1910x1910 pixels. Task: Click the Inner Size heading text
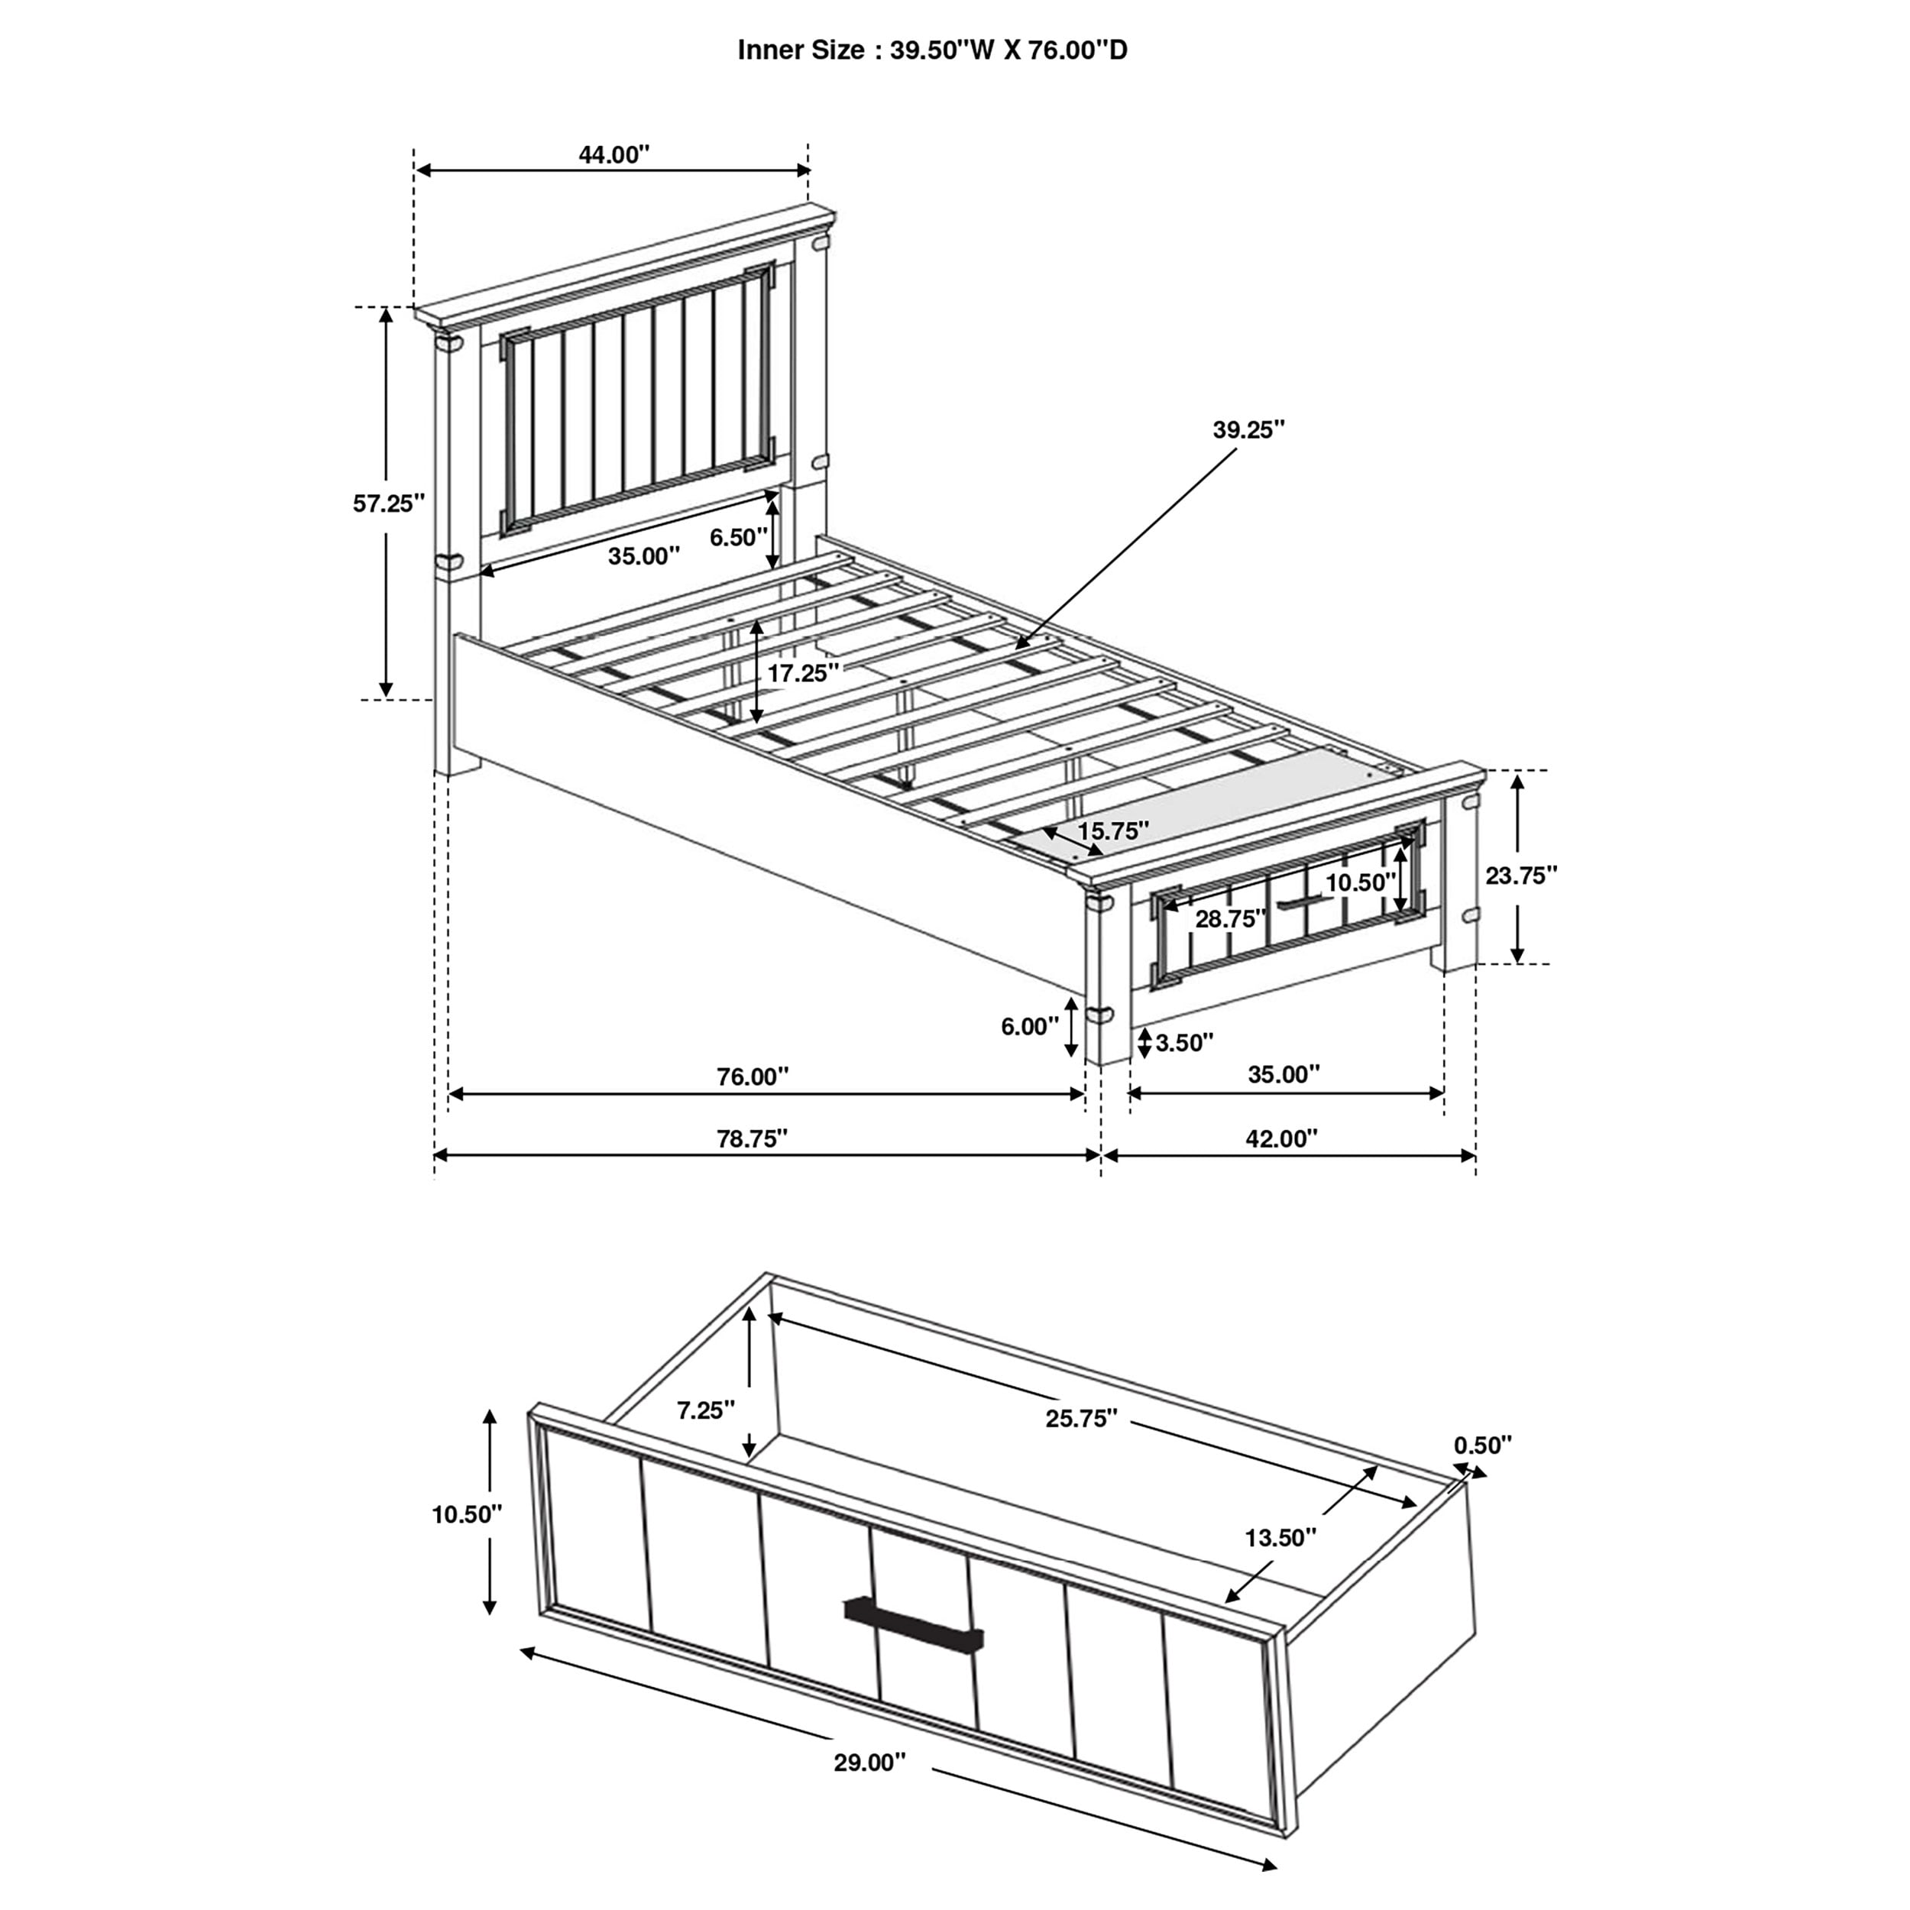tap(932, 50)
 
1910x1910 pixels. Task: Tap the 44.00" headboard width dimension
tap(614, 154)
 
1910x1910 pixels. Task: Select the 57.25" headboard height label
tap(389, 503)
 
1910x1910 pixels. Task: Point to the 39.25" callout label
tap(1248, 429)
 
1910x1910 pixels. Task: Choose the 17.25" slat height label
tap(804, 673)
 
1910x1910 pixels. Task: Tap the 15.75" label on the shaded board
tap(1113, 830)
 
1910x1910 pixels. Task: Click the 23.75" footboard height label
tap(1521, 875)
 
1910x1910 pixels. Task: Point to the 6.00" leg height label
tap(1029, 1026)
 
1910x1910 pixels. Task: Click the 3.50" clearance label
tap(1184, 1042)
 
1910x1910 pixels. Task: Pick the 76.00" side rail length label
tap(753, 1076)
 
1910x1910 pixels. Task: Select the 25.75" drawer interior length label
tap(1082, 1419)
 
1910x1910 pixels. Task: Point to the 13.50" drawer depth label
tap(1280, 1537)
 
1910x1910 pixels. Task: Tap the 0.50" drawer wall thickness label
tap(1483, 1445)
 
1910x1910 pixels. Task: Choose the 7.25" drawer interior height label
tap(706, 1410)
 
